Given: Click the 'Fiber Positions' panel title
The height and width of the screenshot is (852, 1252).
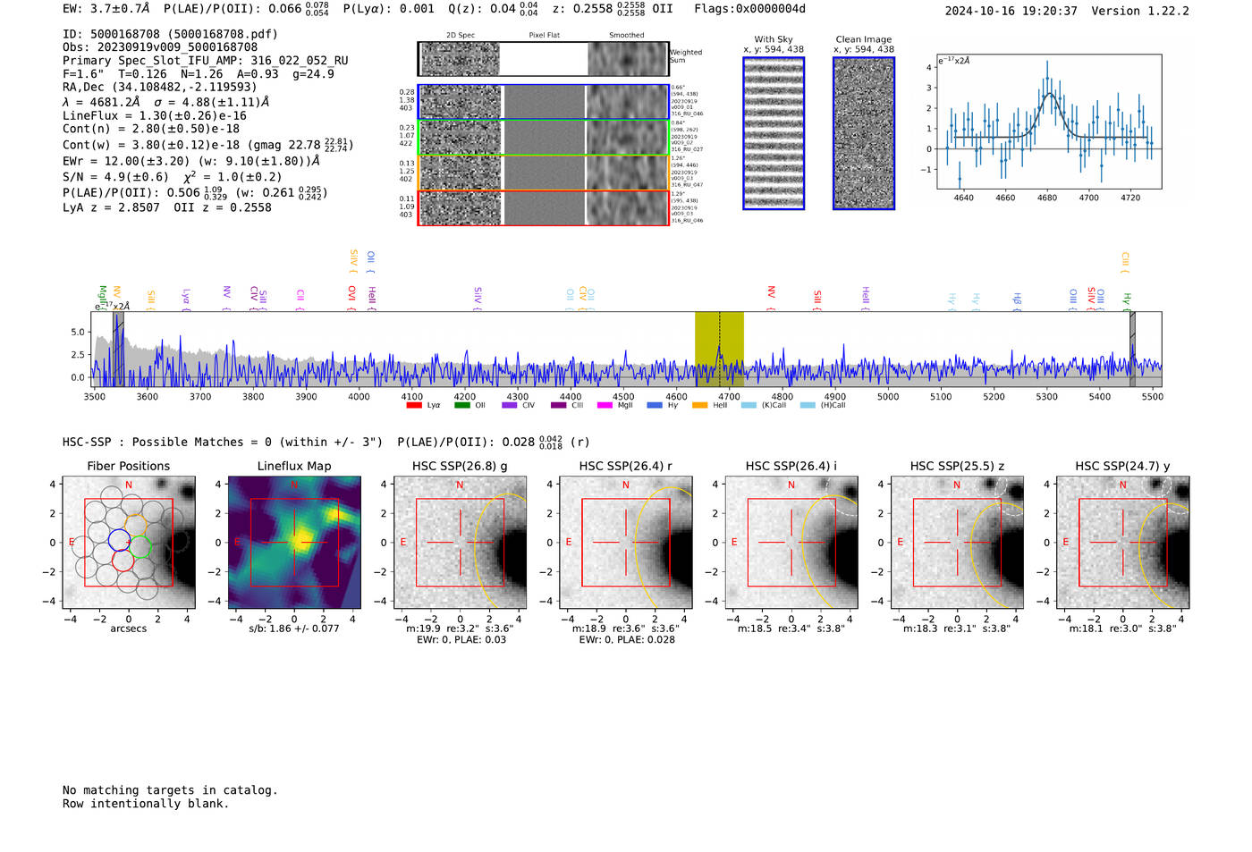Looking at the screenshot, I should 128,466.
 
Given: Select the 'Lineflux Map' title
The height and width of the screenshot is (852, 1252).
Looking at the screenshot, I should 294,466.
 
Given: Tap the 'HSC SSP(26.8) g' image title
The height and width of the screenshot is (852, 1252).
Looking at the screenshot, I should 460,466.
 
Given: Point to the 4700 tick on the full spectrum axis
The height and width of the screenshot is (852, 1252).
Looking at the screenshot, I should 729,396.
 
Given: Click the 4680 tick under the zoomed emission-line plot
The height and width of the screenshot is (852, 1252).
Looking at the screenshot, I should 1047,198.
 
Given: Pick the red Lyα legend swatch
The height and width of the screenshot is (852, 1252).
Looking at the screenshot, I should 414,405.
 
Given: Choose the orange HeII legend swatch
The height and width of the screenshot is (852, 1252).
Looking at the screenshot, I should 699,405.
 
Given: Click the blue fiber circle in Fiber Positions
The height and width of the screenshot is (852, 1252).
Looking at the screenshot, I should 119,540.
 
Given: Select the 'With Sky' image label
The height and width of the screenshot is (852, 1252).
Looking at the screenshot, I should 774,39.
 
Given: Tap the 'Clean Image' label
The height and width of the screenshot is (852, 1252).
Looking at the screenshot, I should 864,39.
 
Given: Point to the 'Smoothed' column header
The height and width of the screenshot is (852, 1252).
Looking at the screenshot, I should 626,36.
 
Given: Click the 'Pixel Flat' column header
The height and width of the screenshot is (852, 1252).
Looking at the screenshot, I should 544,36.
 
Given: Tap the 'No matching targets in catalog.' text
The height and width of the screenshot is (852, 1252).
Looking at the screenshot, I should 170,790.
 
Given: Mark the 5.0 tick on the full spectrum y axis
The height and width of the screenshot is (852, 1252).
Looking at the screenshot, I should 78,332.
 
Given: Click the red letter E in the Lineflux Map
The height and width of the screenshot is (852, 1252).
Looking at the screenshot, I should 237,542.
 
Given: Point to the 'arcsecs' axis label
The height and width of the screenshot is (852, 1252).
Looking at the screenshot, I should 128,628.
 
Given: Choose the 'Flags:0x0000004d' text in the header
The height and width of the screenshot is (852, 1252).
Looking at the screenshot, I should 749,9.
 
